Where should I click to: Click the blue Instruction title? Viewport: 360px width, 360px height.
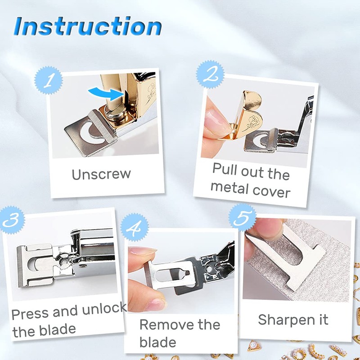coord(88,27)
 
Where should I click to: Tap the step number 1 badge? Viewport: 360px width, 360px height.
coord(49,80)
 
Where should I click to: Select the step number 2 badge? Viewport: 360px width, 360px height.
coord(210,74)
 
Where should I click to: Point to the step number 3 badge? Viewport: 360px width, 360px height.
coord(12,220)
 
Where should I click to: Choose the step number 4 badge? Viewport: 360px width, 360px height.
coord(134,227)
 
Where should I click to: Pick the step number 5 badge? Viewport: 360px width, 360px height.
coord(243,217)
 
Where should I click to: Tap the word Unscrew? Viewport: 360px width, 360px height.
coord(101,175)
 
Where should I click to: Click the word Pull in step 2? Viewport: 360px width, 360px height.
coord(225,170)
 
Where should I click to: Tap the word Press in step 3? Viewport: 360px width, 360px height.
coord(29,314)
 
